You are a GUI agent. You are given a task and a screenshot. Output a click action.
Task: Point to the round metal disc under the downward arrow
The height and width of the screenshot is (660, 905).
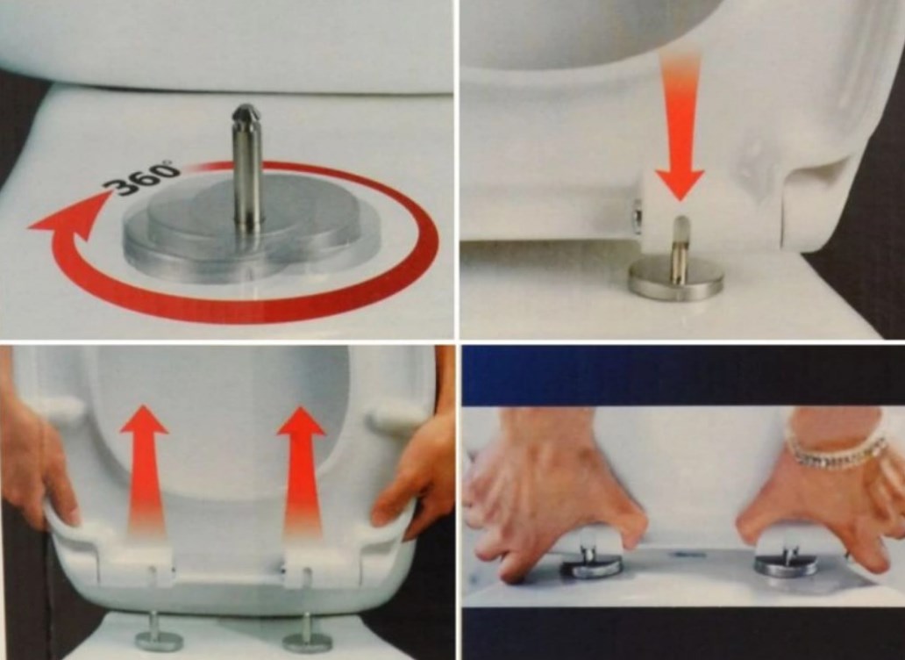676,278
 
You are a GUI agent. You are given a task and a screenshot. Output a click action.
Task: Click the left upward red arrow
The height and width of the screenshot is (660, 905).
145,469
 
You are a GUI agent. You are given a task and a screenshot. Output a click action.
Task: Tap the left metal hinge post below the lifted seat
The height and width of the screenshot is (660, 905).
157,632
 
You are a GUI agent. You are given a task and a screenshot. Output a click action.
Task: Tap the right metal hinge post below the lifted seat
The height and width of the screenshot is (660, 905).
306,633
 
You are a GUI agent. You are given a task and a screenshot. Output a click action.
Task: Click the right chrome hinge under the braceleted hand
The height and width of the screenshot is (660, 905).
786,563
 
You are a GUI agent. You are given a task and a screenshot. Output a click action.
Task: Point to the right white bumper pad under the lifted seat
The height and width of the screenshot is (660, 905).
394,417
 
